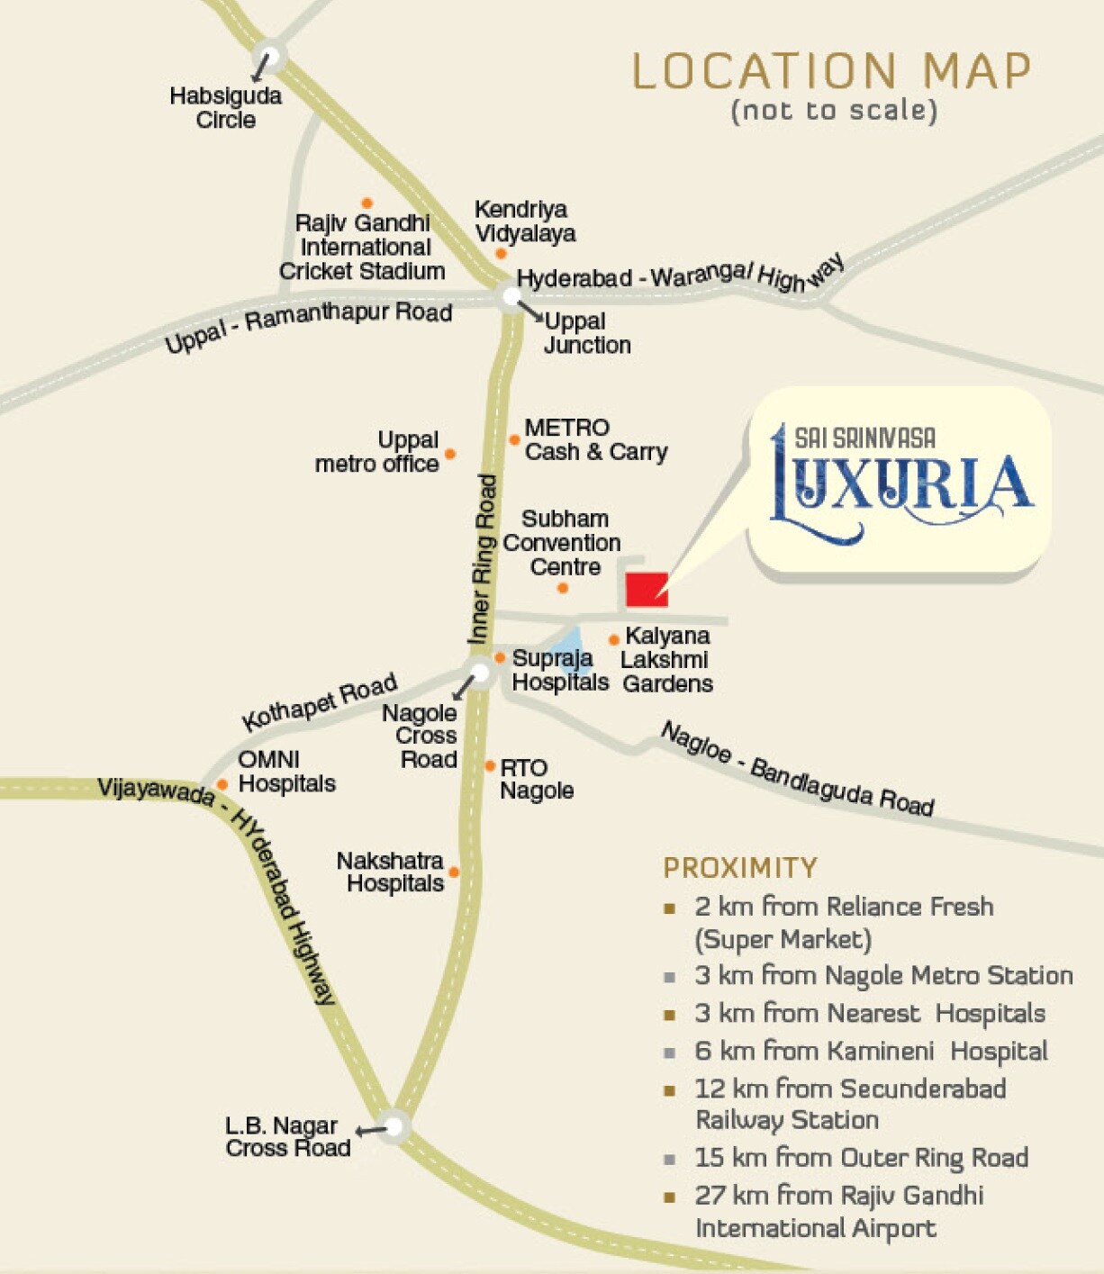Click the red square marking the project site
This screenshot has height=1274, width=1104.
pyautogui.click(x=647, y=589)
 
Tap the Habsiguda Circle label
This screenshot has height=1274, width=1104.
pyautogui.click(x=225, y=108)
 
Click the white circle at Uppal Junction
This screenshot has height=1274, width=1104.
pyautogui.click(x=511, y=296)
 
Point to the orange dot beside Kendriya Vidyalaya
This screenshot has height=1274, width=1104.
pyautogui.click(x=501, y=254)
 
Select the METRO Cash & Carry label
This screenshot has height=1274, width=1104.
pyautogui.click(x=595, y=439)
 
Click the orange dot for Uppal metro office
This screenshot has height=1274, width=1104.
pyautogui.click(x=450, y=454)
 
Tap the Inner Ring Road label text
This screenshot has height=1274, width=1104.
pyautogui.click(x=484, y=558)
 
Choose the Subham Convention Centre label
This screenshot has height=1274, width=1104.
pyautogui.click(x=563, y=543)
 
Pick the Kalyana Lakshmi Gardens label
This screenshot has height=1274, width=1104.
pyautogui.click(x=667, y=660)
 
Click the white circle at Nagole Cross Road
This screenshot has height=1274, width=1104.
pyautogui.click(x=479, y=672)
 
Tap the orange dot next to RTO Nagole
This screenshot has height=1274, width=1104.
pyautogui.click(x=490, y=766)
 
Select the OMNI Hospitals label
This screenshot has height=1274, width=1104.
pyautogui.click(x=286, y=772)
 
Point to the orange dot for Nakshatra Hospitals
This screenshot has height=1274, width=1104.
pyautogui.click(x=454, y=872)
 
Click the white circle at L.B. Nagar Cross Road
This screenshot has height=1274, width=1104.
pyautogui.click(x=394, y=1125)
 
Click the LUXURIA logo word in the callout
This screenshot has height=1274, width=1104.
pyautogui.click(x=900, y=486)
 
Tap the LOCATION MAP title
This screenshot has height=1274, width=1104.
pyautogui.click(x=831, y=72)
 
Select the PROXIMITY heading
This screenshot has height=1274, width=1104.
pyautogui.click(x=740, y=868)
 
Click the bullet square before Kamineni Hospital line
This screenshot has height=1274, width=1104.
pyautogui.click(x=669, y=1053)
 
